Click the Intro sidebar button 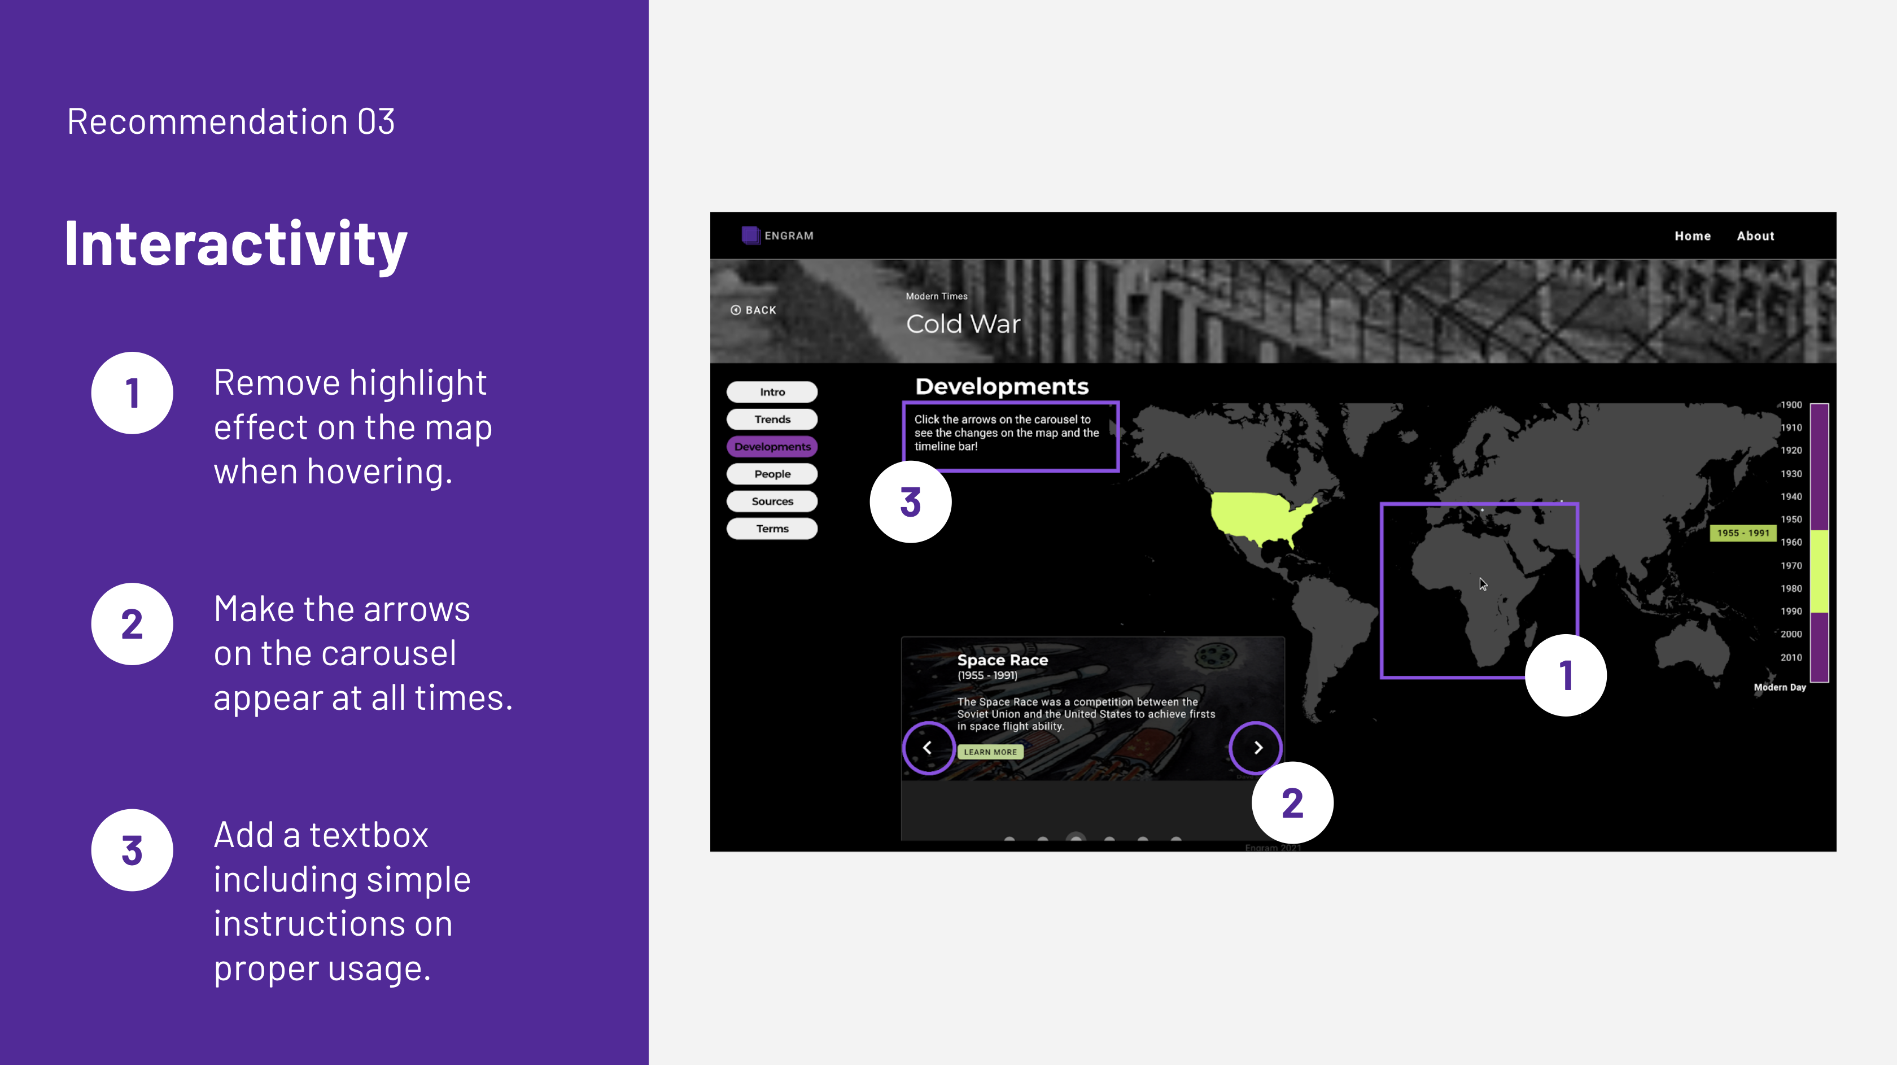coord(772,392)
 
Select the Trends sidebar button coord(772,419)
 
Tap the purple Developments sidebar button coord(772,446)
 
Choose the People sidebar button coord(772,474)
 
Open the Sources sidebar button coord(772,501)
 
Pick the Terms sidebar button coord(772,528)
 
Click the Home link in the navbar coord(1692,235)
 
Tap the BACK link coord(753,310)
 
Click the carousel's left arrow coord(928,748)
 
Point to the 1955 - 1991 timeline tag coord(1742,532)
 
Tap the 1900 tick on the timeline coord(1791,404)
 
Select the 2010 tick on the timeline coord(1791,657)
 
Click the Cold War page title coord(963,324)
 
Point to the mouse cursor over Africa coord(1483,584)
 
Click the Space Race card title coord(1002,660)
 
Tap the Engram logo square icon coord(750,235)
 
